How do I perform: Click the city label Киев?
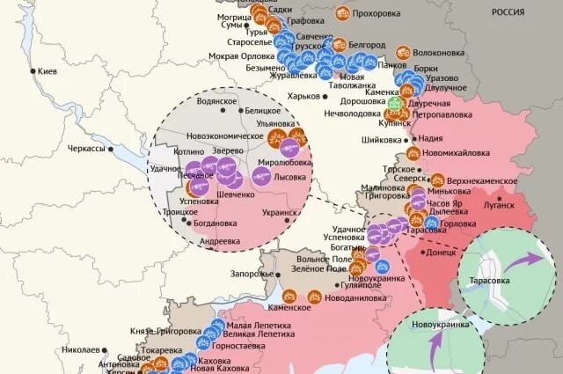(48, 71)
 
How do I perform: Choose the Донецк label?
(440, 251)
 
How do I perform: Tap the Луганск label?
(498, 205)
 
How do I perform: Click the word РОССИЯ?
(532, 13)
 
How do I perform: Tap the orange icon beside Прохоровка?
(342, 14)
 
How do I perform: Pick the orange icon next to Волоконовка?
(403, 52)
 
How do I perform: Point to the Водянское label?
(216, 101)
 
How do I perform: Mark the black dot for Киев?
(33, 71)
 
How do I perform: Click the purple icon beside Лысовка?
(262, 177)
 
